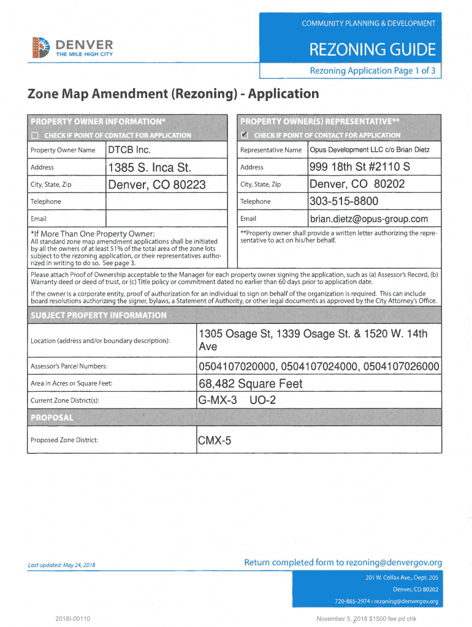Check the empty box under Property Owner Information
click(x=34, y=135)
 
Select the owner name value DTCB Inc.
click(x=129, y=150)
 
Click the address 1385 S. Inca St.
click(x=150, y=167)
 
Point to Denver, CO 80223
click(x=156, y=184)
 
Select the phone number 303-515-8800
click(x=344, y=201)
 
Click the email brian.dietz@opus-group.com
click(x=368, y=219)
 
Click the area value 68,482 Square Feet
click(x=250, y=384)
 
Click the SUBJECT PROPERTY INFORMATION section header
click(x=98, y=315)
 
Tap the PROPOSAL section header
click(x=52, y=418)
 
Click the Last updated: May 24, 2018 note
click(x=61, y=565)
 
